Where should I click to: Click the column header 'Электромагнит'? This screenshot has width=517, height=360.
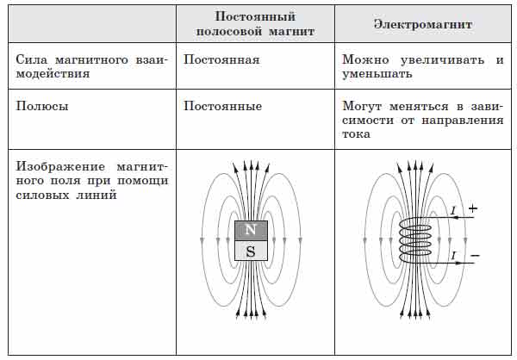coord(422,26)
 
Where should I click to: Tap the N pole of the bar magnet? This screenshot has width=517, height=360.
coord(251,230)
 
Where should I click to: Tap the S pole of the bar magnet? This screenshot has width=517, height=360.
coord(251,251)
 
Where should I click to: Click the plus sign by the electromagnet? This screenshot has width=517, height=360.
coord(472,208)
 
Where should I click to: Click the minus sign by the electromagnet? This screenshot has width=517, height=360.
coord(473,256)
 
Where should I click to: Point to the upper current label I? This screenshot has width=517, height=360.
coord(452,210)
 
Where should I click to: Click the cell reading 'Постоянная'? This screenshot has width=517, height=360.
coord(221,61)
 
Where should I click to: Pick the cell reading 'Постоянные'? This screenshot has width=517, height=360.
coord(222,106)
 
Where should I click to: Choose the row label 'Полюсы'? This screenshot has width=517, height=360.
coord(40,106)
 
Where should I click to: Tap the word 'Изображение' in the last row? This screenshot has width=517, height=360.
coord(56,166)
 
